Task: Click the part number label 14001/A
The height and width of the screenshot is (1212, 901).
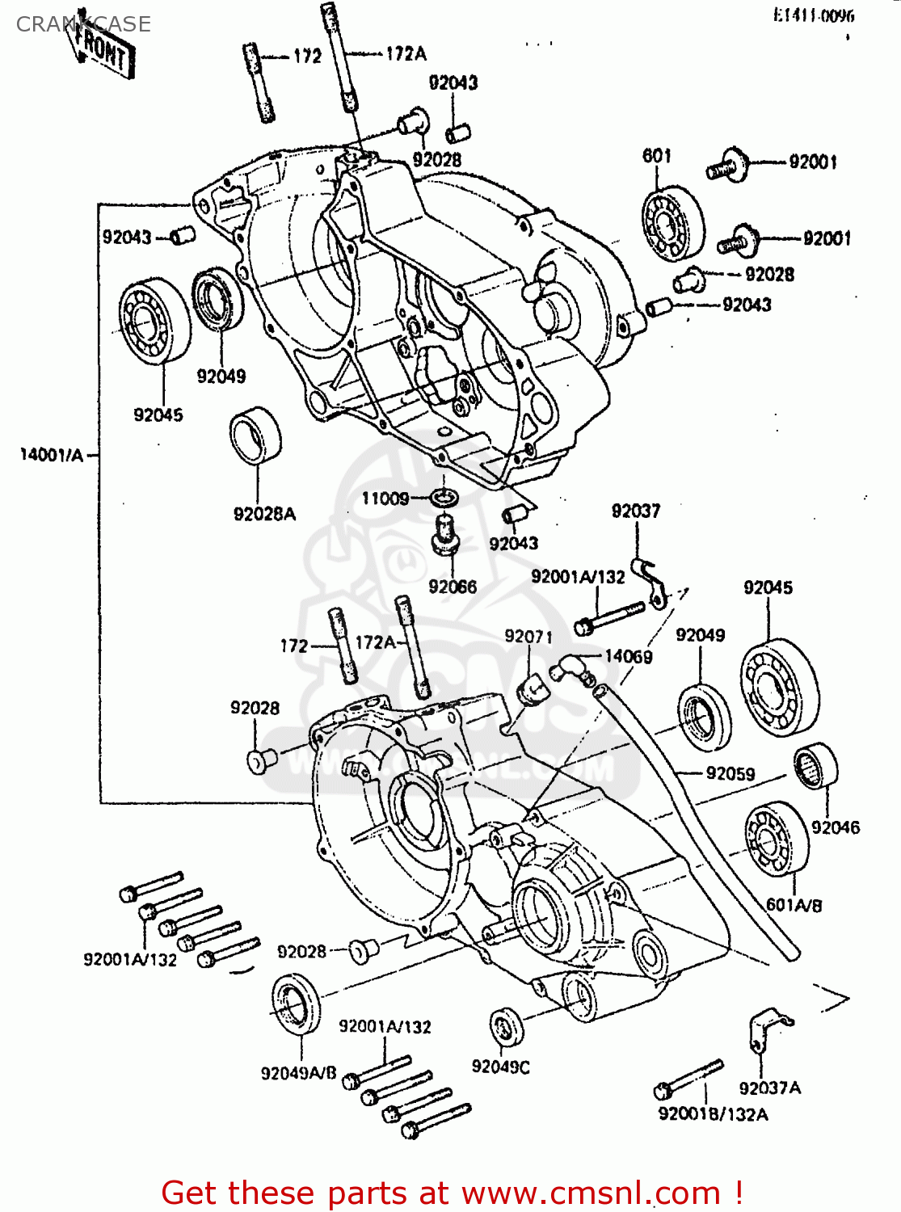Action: [51, 456]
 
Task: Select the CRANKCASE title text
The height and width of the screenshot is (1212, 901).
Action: [83, 24]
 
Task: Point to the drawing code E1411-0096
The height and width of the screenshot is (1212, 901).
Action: [813, 15]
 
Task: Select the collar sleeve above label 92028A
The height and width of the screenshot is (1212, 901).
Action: [255, 436]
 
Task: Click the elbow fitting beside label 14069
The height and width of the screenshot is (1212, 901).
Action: [570, 667]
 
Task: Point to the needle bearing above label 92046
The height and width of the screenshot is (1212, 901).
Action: [815, 766]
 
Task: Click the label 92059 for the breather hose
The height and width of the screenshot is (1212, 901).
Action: [730, 774]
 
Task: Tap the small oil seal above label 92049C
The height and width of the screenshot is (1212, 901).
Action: [507, 1027]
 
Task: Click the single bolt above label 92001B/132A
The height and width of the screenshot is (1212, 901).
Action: [688, 1079]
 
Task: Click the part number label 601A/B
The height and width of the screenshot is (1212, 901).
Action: [794, 905]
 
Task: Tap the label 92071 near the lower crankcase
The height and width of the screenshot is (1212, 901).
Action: [528, 637]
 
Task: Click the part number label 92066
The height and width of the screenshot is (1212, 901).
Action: [453, 587]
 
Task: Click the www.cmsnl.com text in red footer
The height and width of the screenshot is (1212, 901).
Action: [591, 1193]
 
